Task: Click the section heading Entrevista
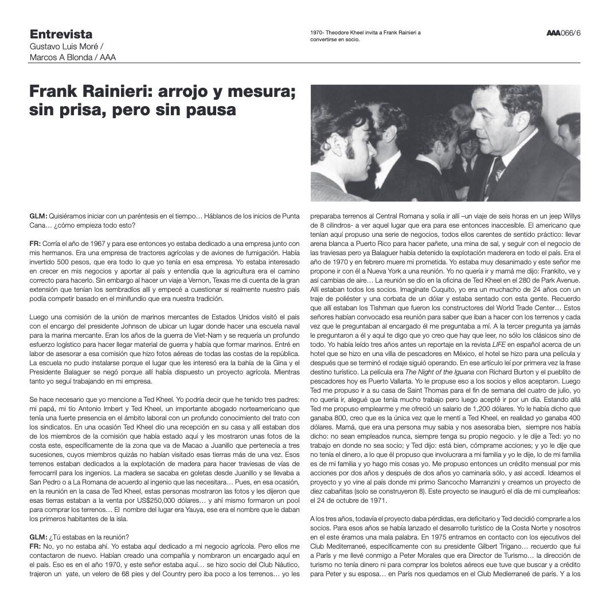point(61,34)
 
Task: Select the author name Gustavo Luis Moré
point(65,46)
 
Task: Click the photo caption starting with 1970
point(365,36)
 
